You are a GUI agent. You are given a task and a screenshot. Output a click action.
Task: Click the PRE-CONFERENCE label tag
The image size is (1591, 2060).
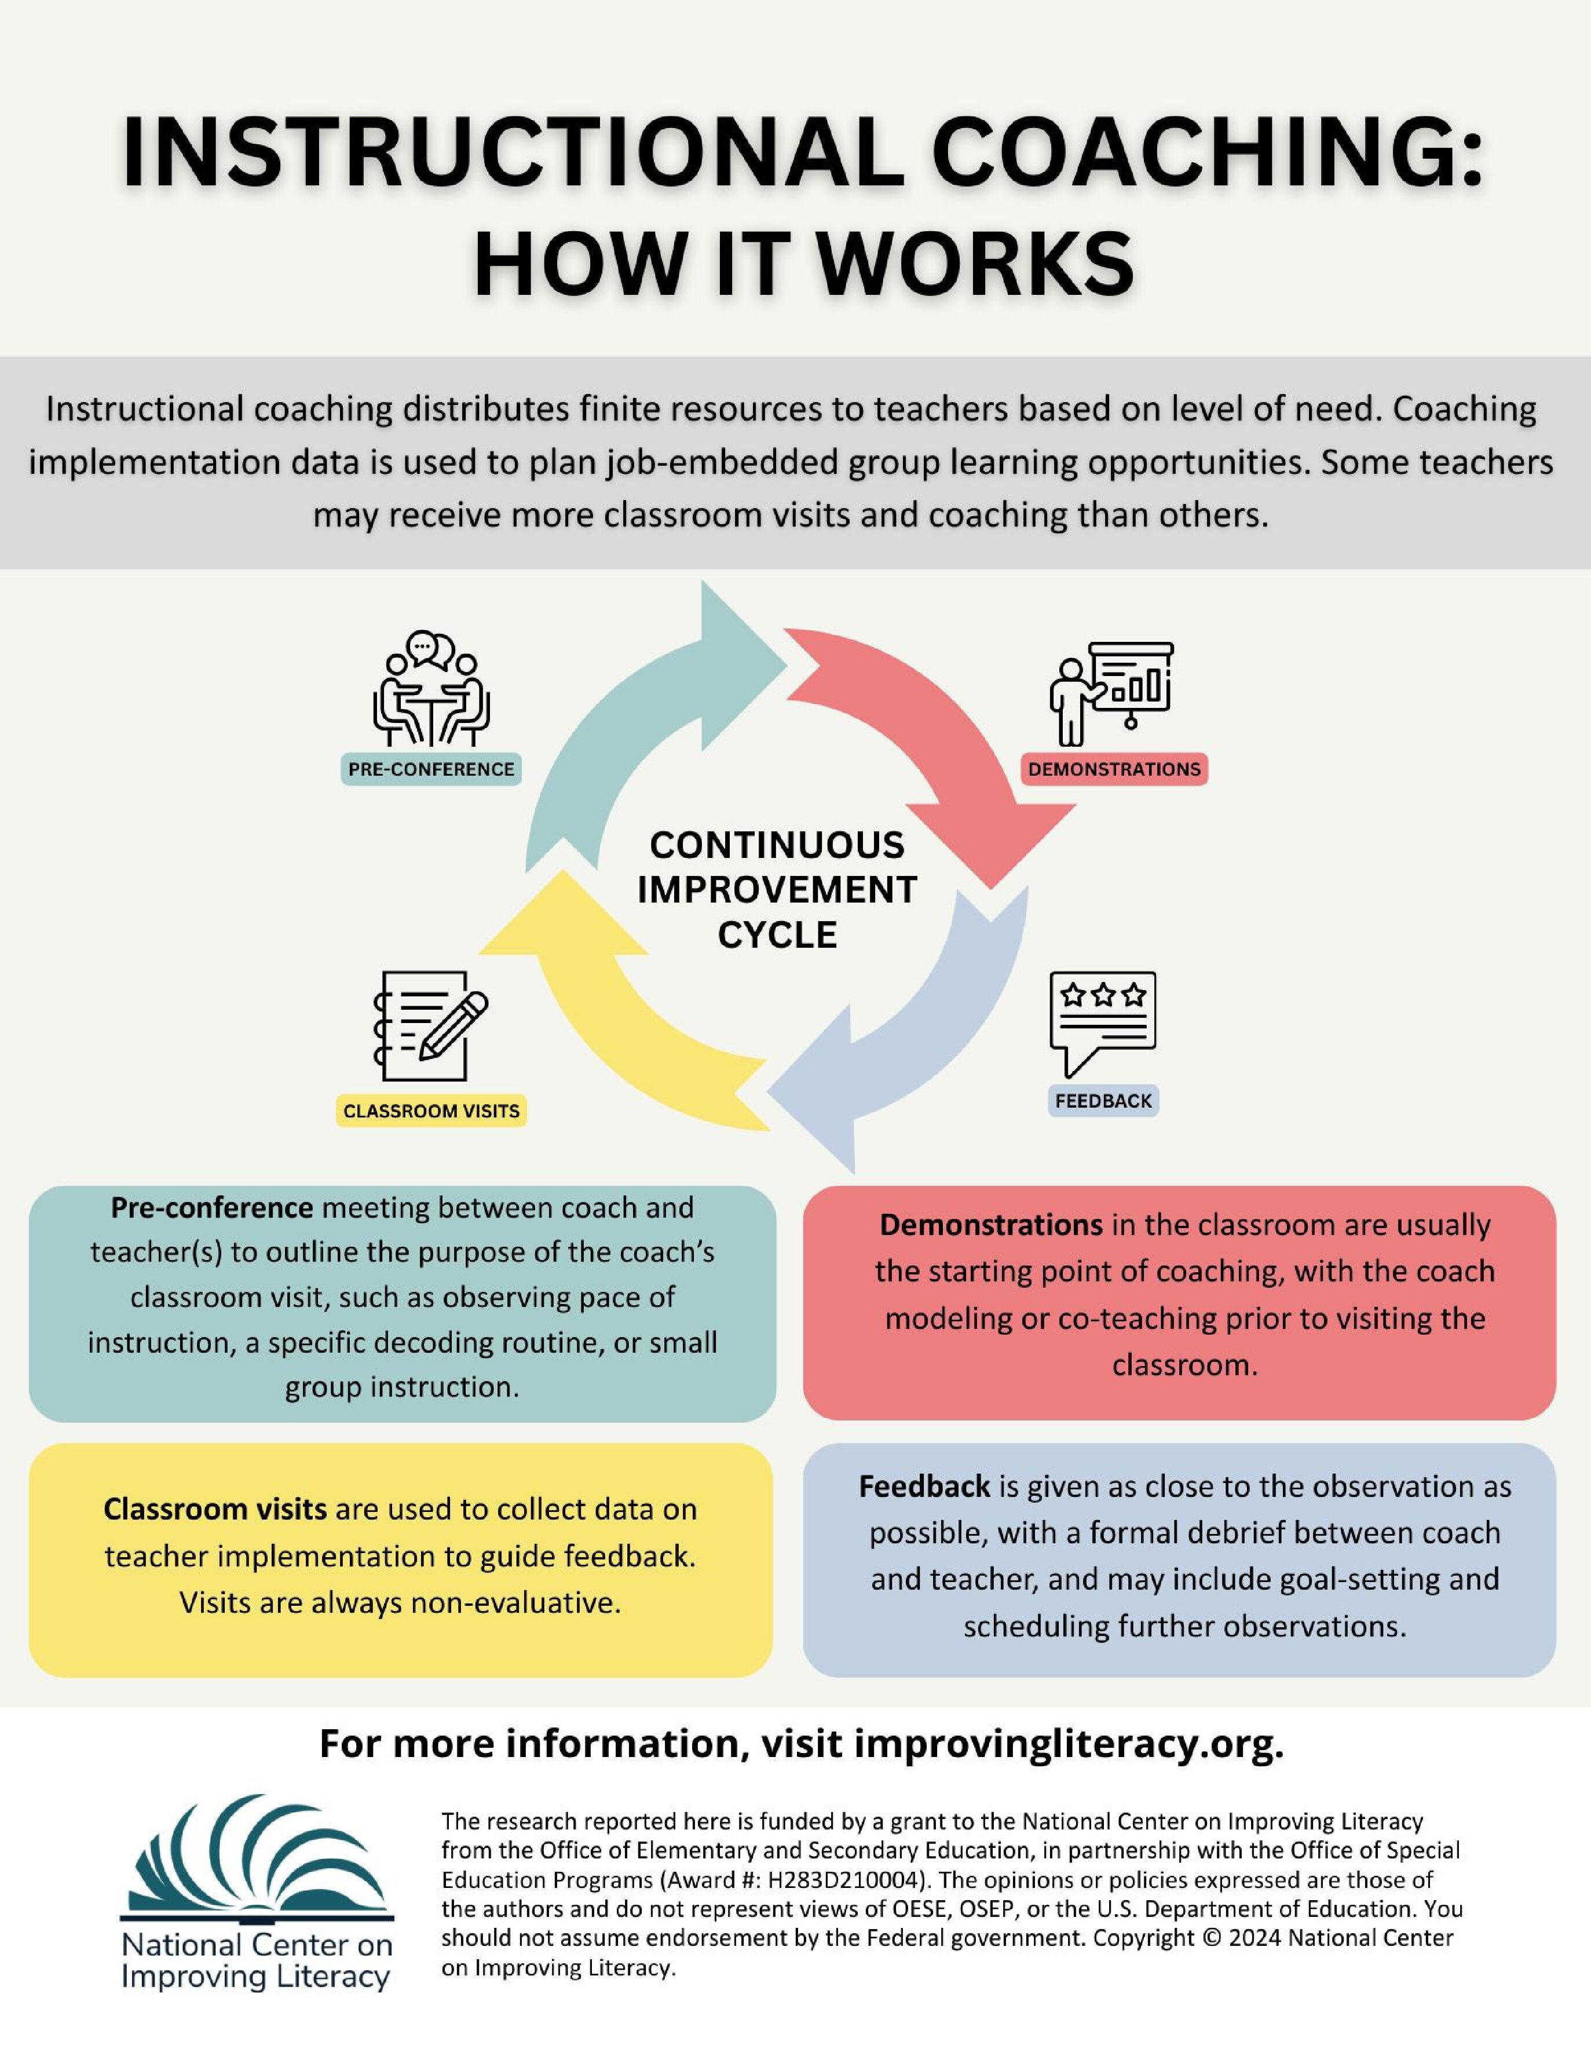[x=431, y=770]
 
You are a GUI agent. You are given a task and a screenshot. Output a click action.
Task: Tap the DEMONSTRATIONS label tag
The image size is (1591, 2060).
[x=1114, y=770]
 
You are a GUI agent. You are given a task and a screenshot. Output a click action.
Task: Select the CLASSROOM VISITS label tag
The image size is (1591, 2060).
[x=431, y=1111]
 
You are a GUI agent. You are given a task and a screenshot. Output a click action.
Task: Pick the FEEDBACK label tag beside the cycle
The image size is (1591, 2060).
[x=1103, y=1101]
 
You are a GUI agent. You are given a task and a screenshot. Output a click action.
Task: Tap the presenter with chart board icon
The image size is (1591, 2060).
[x=1111, y=691]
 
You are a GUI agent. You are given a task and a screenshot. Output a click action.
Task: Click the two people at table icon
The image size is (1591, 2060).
[x=431, y=689]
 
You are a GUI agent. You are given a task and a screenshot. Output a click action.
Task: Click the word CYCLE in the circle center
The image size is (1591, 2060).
[x=777, y=936]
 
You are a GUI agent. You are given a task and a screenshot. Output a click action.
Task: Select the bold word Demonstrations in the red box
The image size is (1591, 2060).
[x=990, y=1225]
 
